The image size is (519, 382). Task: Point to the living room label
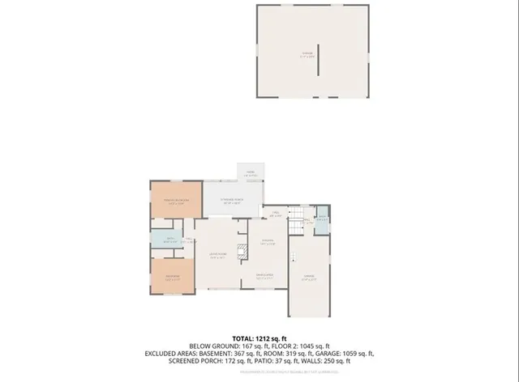[217, 257]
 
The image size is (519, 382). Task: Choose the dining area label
[264, 277]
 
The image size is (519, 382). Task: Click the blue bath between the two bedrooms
[170, 241]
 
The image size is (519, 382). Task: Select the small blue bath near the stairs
[322, 220]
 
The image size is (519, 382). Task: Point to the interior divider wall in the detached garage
[319, 58]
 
